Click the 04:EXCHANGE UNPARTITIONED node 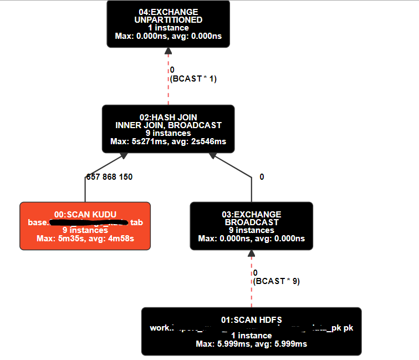(x=168, y=24)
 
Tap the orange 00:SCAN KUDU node (x=85, y=226)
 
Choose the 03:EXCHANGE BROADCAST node (x=251, y=226)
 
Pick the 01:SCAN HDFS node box (x=251, y=331)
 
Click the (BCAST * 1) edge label (x=193, y=79)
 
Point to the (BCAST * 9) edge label (x=276, y=281)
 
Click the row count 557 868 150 (x=109, y=177)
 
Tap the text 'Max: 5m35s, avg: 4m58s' (x=85, y=239)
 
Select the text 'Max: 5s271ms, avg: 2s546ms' (x=168, y=141)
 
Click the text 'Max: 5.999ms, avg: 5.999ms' (x=251, y=344)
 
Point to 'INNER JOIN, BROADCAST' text (x=168, y=125)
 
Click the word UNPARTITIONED (x=168, y=20)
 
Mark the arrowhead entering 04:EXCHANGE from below (x=168, y=51)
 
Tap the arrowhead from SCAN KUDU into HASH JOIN (x=122, y=158)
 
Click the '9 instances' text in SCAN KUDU (x=85, y=230)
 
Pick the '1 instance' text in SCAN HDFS (x=251, y=336)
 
